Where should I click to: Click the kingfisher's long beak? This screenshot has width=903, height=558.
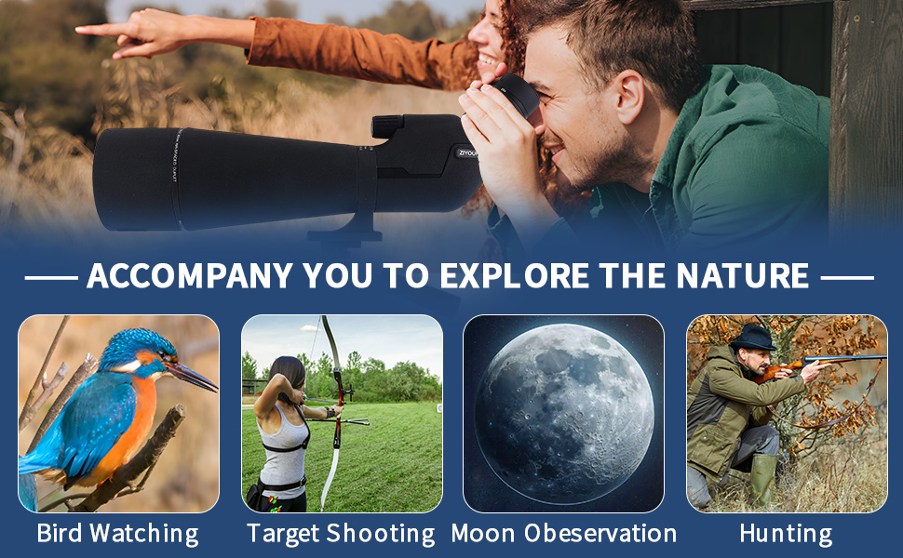point(192,376)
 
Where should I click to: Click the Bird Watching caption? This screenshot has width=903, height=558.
point(118,534)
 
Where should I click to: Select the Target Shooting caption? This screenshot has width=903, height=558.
point(341,534)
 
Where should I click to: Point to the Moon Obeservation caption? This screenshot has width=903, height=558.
point(564,533)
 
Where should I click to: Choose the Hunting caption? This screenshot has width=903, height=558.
point(786,534)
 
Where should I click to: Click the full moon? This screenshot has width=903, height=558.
point(564,414)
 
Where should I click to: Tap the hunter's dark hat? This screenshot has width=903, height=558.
point(753,338)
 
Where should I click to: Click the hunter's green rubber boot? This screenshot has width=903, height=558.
point(762,480)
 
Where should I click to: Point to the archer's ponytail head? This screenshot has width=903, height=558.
point(288,373)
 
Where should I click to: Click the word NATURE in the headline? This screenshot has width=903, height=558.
point(743,275)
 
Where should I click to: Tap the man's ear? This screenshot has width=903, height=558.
point(629,98)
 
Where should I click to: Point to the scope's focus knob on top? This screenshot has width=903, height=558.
point(387,126)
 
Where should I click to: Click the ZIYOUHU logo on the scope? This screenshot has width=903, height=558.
point(467,153)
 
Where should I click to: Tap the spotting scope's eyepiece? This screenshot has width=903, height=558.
point(514,94)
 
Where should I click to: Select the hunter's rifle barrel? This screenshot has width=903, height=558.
point(846,359)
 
